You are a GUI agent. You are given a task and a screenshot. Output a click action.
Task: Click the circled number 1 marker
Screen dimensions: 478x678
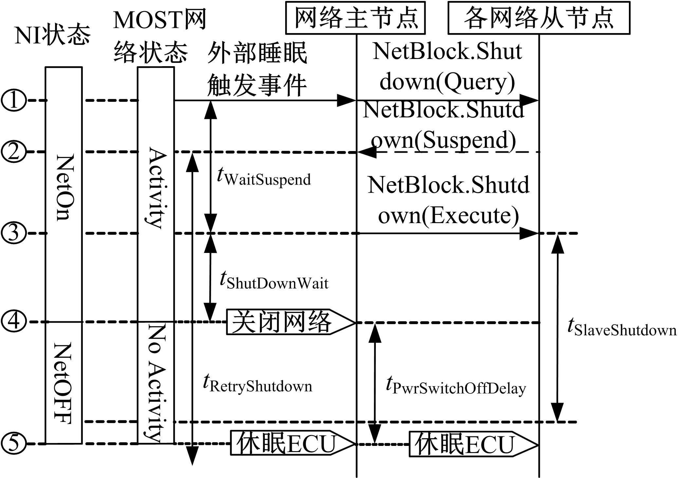click(x=13, y=100)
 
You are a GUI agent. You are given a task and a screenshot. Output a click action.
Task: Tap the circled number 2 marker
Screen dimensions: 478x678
click(x=13, y=152)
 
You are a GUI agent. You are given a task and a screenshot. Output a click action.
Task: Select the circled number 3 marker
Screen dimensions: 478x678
click(x=13, y=233)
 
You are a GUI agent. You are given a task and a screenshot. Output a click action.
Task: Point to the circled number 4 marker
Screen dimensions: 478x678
click(x=13, y=322)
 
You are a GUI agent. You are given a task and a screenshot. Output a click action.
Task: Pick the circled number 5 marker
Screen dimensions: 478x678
click(x=13, y=444)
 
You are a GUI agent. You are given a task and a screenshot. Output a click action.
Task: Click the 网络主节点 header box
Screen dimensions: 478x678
click(x=355, y=18)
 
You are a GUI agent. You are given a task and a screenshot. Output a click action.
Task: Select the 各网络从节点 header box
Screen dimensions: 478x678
click(x=539, y=18)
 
